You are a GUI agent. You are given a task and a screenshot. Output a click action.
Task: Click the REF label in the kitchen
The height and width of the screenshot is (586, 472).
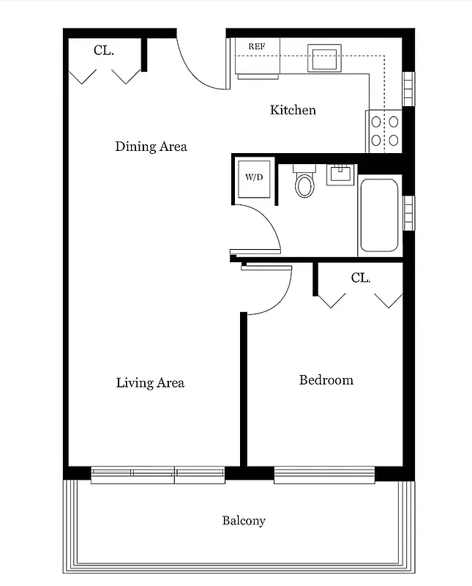256,47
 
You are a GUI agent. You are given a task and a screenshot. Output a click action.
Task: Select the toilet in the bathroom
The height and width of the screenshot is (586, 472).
304,183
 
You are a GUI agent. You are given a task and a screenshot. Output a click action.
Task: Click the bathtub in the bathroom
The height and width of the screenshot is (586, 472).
379,215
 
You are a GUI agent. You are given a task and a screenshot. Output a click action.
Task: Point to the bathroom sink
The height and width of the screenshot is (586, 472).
340,175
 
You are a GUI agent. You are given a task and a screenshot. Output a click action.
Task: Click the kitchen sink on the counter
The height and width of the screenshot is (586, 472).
324,57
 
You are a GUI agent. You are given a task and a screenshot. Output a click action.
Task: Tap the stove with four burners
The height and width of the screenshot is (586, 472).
385,130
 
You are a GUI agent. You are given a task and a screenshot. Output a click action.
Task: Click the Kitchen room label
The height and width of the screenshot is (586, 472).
293,110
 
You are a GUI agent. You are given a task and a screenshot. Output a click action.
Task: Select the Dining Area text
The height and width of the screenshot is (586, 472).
151,146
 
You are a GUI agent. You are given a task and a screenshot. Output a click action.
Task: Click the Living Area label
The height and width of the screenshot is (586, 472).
150,382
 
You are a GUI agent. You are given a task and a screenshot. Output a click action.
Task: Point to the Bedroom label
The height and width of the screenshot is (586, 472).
326,380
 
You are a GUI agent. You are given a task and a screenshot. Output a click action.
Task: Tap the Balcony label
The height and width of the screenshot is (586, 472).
244,521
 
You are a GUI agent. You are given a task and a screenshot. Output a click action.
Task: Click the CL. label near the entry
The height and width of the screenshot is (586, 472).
103,51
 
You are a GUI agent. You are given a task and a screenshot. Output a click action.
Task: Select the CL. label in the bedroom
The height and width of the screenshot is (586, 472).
360,278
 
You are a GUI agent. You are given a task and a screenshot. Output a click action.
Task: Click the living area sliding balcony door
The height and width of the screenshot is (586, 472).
157,474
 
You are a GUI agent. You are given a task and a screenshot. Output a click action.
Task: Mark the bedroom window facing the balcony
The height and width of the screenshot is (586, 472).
324,474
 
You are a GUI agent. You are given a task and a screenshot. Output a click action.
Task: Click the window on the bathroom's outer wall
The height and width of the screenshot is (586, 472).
409,212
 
